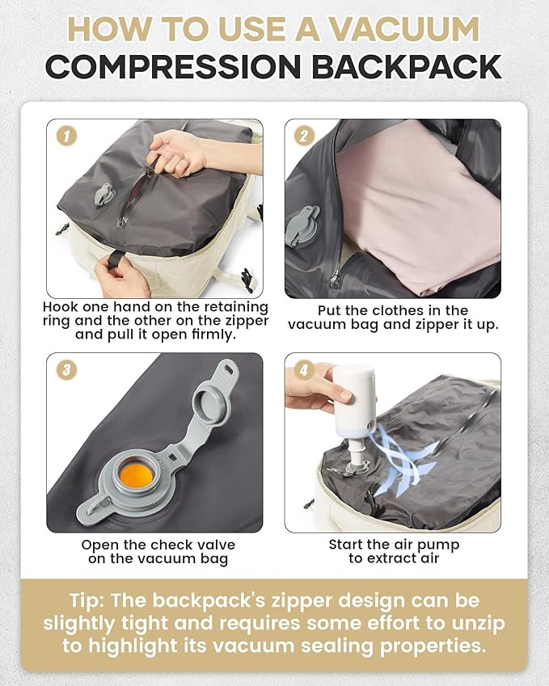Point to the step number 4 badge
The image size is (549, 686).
click(302, 370)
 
